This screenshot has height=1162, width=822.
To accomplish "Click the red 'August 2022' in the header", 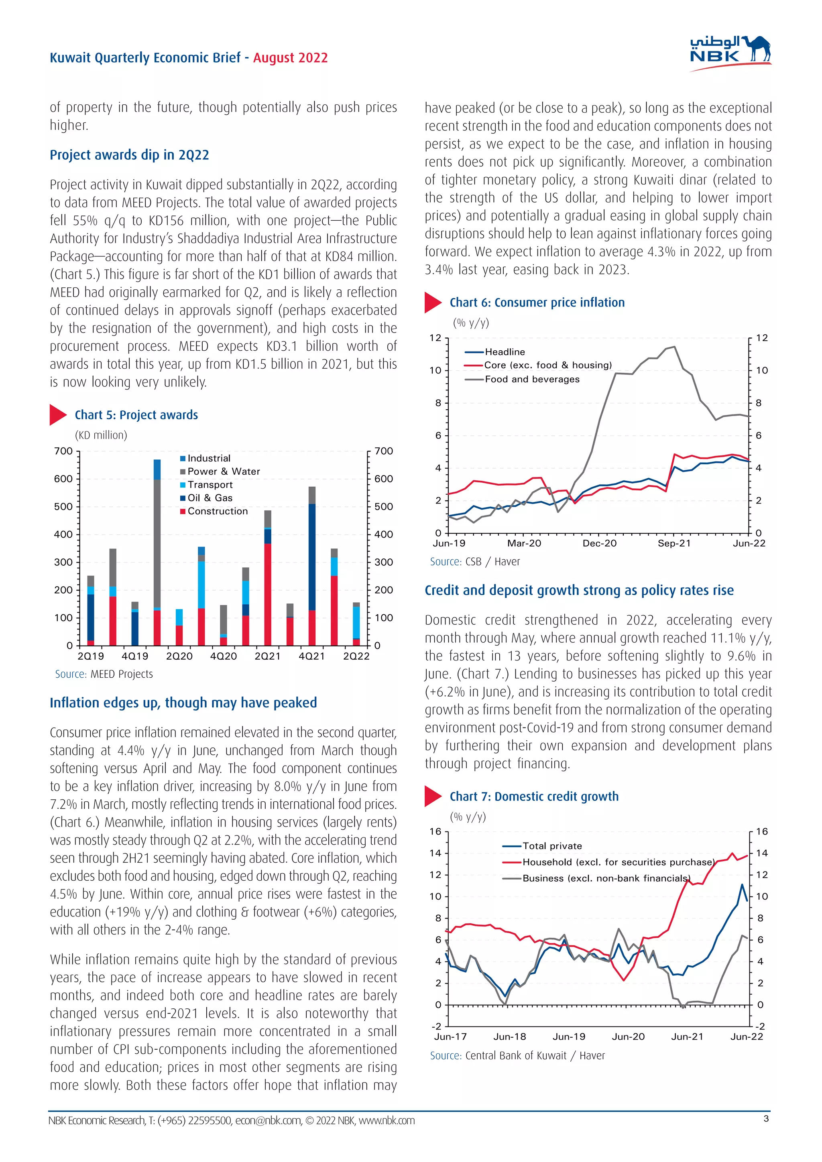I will (x=290, y=58).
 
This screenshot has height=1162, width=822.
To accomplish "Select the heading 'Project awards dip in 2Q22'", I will (x=129, y=155).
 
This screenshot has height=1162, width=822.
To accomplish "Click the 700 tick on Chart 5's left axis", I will (x=63, y=451).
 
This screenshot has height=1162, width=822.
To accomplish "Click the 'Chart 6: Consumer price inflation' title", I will (x=537, y=303).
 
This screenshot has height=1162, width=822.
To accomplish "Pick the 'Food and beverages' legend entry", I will (x=531, y=379).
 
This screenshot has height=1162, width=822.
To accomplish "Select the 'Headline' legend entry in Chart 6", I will (x=504, y=352).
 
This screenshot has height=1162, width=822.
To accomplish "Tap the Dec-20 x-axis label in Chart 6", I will (x=599, y=544).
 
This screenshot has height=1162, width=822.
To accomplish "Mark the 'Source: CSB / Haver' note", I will (x=474, y=562).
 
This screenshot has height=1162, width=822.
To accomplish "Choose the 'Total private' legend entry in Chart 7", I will (x=552, y=846).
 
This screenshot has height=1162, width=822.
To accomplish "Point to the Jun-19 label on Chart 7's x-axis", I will (x=569, y=1036).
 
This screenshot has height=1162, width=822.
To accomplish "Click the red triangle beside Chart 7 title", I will (x=432, y=796).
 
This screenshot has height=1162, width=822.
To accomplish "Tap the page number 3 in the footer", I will (x=766, y=1119).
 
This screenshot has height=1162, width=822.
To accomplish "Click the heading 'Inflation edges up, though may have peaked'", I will (x=183, y=703).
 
